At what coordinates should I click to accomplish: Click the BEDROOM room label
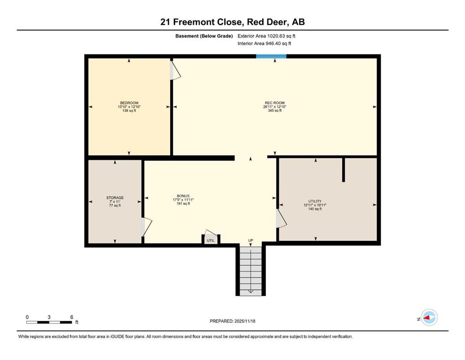(x=129, y=103)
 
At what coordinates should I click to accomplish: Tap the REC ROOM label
(x=274, y=103)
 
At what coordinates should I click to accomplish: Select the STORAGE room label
(x=115, y=198)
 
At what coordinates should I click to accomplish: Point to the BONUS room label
(x=183, y=196)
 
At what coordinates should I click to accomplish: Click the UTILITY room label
(x=315, y=201)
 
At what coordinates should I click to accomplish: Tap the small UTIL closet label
(x=211, y=240)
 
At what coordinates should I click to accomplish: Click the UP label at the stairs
(x=251, y=240)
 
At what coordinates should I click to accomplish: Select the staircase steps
(x=251, y=271)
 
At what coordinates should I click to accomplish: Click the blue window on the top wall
(x=271, y=56)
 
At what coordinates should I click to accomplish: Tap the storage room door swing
(x=146, y=227)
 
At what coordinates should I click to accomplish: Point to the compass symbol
(x=429, y=317)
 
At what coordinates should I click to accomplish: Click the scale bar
(x=49, y=322)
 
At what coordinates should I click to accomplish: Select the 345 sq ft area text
(x=274, y=111)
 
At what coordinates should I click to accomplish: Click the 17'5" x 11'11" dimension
(x=183, y=200)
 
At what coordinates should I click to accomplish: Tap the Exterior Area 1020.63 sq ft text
(x=266, y=36)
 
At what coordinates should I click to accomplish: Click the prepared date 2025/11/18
(x=244, y=321)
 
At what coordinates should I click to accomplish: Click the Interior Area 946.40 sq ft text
(x=264, y=43)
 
